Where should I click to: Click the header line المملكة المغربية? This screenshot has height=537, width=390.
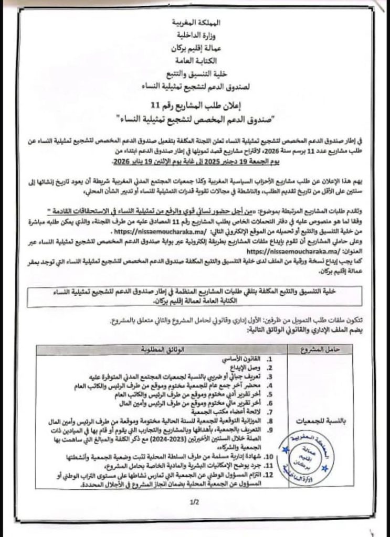197,24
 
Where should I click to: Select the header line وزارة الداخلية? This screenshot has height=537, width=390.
197,36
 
